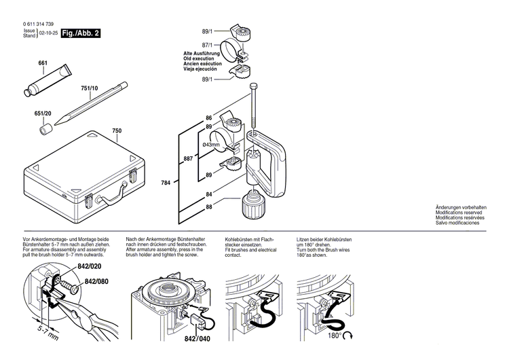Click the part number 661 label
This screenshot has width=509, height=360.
pos(43,63)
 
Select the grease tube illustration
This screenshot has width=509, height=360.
pos(49,79)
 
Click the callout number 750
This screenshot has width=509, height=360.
pos(116,130)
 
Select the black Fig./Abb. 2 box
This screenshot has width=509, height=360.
pos(81,33)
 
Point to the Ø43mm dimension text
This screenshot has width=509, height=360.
pos(212,145)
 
